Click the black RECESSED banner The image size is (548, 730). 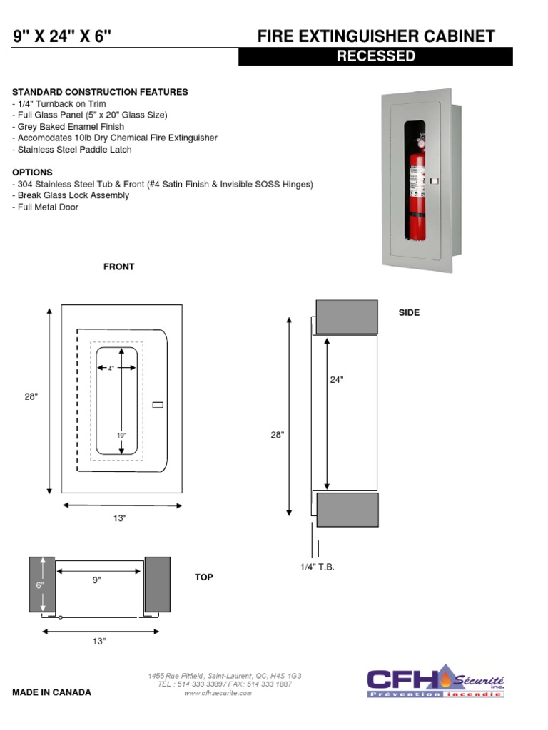coord(375,56)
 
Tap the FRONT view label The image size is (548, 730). coord(118,267)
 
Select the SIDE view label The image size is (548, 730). coord(409,312)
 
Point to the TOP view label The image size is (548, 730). coord(204,577)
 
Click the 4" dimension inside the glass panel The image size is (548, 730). coord(111,369)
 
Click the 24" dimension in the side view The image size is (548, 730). coord(337,380)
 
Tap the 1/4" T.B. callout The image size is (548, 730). coord(317,566)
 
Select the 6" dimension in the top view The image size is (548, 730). coord(40,585)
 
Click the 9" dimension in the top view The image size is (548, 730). coord(96,580)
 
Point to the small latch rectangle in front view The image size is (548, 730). coord(158,405)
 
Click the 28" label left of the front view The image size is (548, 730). coord(31,397)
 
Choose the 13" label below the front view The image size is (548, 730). coord(119,518)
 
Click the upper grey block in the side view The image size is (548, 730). coord(347,317)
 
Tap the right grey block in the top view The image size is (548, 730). coord(157,584)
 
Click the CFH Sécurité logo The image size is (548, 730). coord(435,682)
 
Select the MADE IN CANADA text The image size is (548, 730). coord(51,692)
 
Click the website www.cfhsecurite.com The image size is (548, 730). coord(218,693)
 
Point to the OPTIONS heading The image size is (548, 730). coord(32,173)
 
